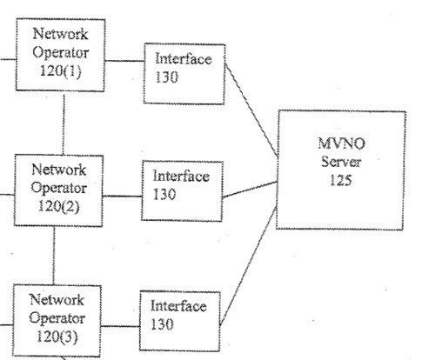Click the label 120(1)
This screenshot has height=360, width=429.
[61, 70]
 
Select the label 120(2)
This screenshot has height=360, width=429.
[58, 206]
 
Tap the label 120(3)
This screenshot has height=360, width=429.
[57, 337]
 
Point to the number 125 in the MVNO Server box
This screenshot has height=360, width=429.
[341, 180]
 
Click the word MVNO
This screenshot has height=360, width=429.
[341, 143]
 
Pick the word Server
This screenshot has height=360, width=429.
[341, 162]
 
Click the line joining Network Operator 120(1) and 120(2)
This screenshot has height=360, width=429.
[64, 123]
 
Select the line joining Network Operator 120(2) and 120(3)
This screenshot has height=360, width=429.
[54, 256]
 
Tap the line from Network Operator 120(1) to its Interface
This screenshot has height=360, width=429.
[124, 61]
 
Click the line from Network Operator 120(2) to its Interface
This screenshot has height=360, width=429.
[122, 197]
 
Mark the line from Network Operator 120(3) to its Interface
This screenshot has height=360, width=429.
[120, 326]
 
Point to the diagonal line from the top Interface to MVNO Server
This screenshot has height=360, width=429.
[251, 110]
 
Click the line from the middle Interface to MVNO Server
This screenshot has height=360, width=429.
[250, 190]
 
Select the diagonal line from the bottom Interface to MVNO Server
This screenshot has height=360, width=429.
[248, 265]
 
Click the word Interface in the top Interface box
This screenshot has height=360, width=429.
[184, 58]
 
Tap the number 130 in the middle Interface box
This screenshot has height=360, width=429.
[164, 194]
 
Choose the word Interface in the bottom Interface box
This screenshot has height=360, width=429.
[178, 306]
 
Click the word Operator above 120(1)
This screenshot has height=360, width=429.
[61, 52]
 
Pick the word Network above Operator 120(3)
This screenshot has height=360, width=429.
[57, 299]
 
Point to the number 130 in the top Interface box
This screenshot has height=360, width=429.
[166, 77]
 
